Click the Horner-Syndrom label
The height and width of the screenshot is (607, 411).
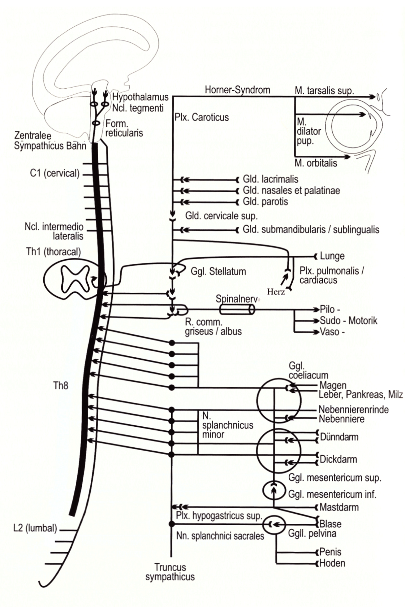[237, 90]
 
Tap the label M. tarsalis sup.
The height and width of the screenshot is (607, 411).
[324, 91]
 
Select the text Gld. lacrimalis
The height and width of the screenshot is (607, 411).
[270, 179]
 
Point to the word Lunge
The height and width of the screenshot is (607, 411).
[332, 256]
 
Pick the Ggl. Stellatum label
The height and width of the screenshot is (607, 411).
[218, 271]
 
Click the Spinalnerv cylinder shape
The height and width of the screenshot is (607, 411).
[237, 309]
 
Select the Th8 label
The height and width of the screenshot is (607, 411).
[61, 386]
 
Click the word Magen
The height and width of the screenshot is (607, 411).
[333, 386]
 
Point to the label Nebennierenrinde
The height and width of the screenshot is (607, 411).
[353, 410]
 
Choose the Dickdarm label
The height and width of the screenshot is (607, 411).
[338, 460]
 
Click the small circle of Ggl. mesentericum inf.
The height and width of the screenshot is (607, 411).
[274, 490]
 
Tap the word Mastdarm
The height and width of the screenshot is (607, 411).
[339, 507]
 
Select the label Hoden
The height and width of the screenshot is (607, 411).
[332, 563]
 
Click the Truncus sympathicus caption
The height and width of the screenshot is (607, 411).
[170, 572]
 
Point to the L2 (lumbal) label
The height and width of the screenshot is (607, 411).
[35, 528]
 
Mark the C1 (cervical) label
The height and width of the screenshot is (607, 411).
[54, 173]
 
